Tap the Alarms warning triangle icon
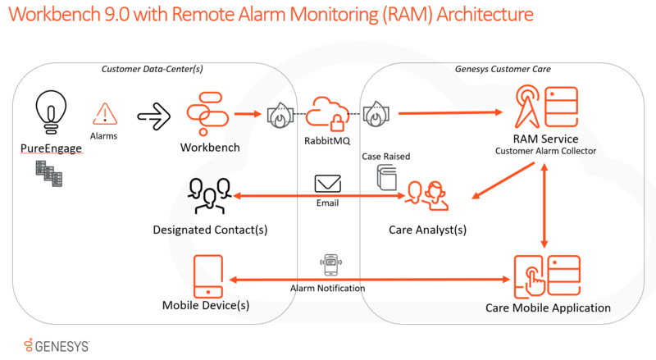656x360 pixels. pos(104,113)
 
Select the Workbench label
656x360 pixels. pos(210,148)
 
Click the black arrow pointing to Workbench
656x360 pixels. pos(153,115)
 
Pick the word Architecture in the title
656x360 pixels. pos(471,17)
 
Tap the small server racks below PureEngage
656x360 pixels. pos(47,171)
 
